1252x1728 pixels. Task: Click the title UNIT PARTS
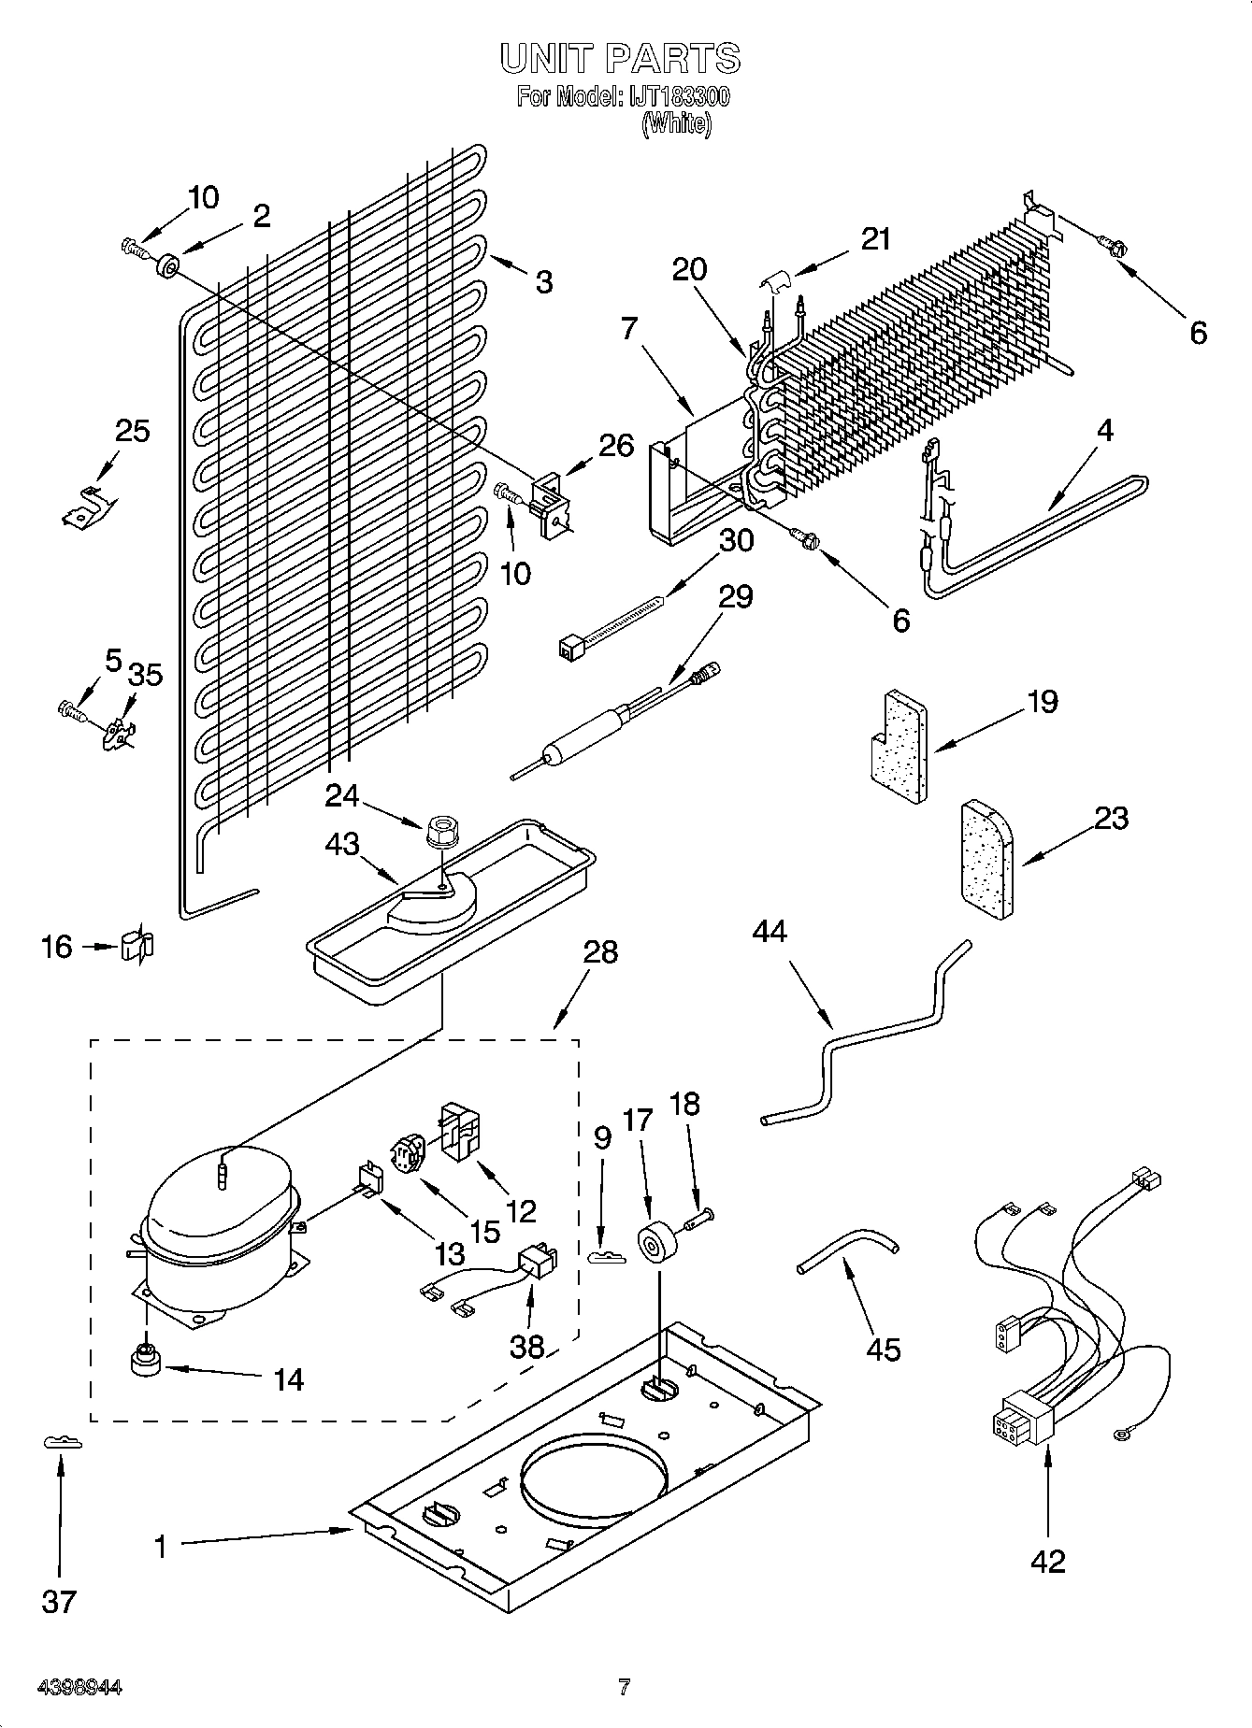pos(621,59)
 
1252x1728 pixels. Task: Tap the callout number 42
pos(1048,1561)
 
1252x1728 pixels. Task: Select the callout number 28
pos(601,951)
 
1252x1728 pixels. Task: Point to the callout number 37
pos(59,1601)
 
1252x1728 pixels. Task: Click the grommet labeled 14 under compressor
pos(145,1364)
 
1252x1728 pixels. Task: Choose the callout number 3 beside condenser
pos(543,281)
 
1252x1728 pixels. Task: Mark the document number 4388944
pos(79,1688)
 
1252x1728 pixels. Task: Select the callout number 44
pos(769,931)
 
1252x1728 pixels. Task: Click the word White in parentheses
pos(677,124)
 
